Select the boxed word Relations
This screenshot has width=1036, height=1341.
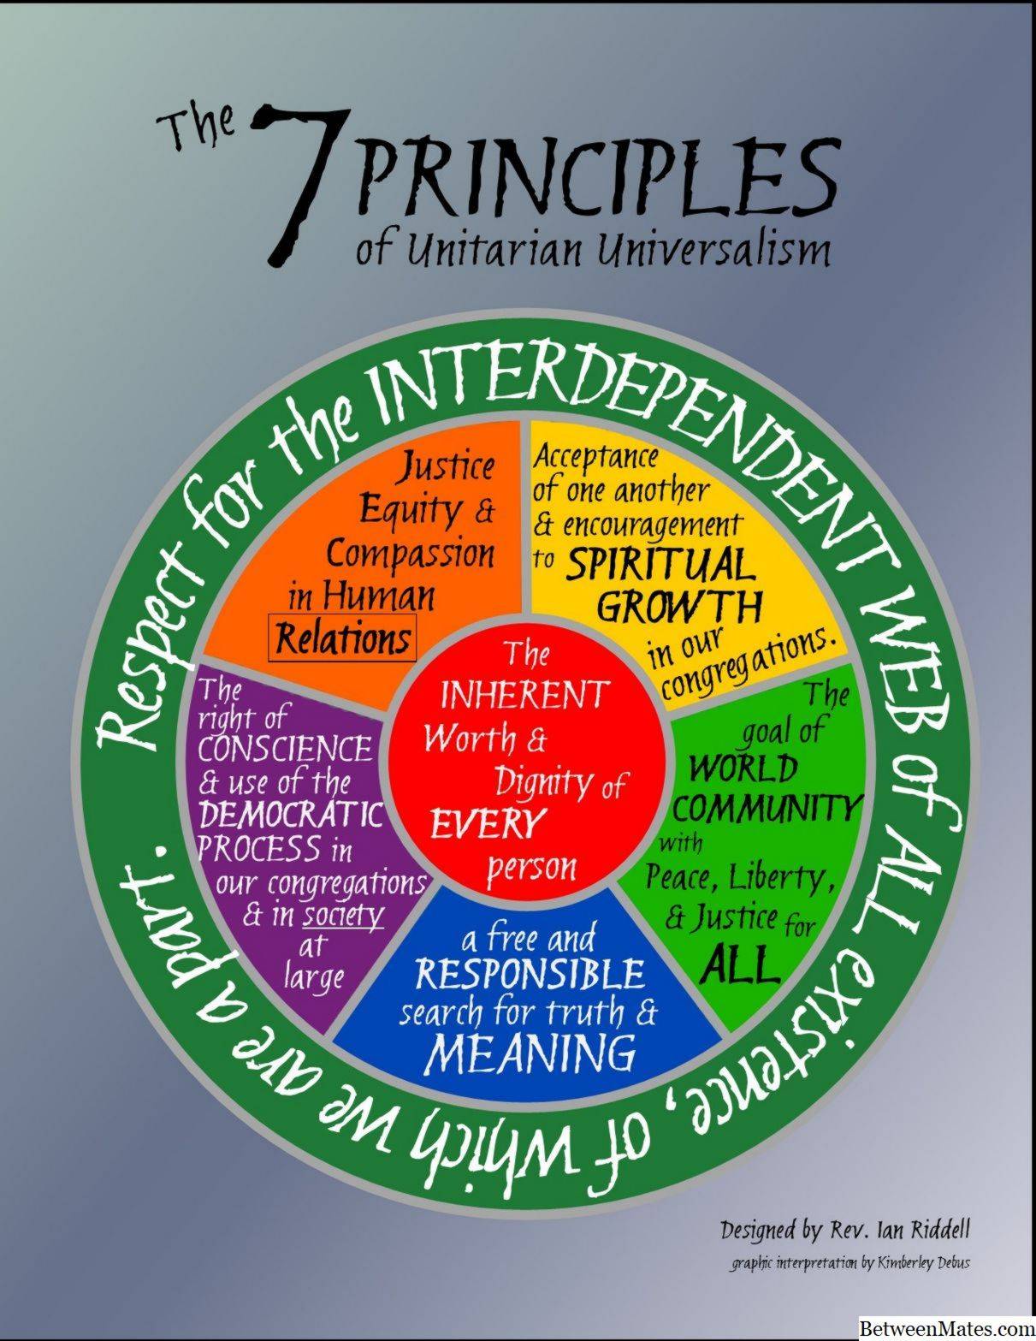pos(343,638)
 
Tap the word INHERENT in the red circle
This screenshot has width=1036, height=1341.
pos(524,695)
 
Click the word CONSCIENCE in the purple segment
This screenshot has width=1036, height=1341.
pos(285,750)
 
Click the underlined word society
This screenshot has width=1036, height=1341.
pos(343,917)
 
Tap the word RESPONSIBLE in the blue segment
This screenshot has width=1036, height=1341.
pos(530,975)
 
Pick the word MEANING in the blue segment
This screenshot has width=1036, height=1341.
pos(531,1053)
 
